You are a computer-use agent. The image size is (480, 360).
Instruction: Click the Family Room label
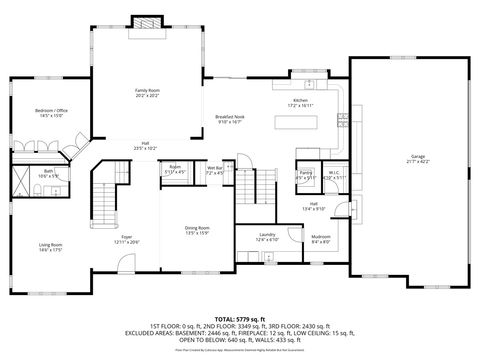[148, 90]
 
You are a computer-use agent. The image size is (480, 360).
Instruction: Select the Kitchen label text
[298, 101]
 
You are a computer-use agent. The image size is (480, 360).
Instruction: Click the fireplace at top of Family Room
[148, 21]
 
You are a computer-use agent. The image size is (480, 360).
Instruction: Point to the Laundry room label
[266, 234]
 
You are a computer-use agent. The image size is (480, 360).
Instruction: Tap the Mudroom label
[320, 237]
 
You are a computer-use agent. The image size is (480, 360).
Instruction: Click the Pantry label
[306, 172]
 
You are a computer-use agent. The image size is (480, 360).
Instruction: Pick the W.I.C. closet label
[335, 172]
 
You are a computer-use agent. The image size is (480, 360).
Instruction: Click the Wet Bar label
[214, 168]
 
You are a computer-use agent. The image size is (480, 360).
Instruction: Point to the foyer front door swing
[124, 263]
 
